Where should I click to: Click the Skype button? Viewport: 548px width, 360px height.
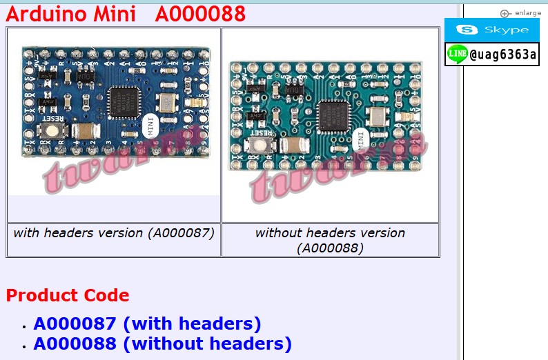[x=491, y=30]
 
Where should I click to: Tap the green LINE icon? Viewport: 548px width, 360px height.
[x=456, y=54]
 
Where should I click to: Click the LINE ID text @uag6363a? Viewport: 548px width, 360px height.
[x=503, y=54]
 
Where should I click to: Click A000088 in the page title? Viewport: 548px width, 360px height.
[x=200, y=14]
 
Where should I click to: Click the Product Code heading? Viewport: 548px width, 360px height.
[x=68, y=295]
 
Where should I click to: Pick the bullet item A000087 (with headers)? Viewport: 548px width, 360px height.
[x=147, y=323]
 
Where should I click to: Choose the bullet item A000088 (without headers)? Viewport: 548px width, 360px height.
[x=162, y=343]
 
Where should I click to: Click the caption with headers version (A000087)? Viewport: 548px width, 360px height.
[x=114, y=232]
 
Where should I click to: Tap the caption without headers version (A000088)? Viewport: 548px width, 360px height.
[x=330, y=240]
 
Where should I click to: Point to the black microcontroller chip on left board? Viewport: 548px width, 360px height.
[x=126, y=101]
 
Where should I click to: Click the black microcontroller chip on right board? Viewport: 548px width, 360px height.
[x=333, y=114]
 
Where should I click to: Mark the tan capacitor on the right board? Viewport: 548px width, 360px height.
[x=293, y=145]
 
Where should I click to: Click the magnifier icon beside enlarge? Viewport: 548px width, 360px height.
[x=505, y=13]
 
